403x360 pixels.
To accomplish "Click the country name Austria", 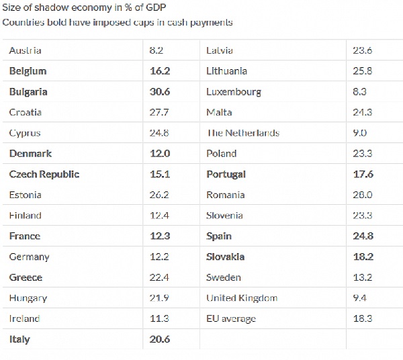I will click(x=25, y=50).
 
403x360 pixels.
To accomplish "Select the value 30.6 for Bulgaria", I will click(x=160, y=92).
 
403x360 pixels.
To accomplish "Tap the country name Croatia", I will click(x=26, y=112).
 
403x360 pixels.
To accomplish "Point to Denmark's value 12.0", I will click(x=160, y=154).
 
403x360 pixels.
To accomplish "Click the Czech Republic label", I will click(x=44, y=174).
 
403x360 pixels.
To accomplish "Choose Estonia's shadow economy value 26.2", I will click(x=160, y=195).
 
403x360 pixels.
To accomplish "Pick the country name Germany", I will click(x=29, y=257).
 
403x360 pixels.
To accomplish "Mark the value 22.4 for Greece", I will click(x=160, y=277).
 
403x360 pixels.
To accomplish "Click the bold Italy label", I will click(x=19, y=339).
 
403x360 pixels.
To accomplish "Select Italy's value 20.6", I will click(x=160, y=339).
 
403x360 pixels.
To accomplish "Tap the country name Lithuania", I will click(x=227, y=71).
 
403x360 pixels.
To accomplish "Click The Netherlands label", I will click(x=242, y=133).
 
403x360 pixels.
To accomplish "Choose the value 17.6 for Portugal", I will click(x=363, y=174).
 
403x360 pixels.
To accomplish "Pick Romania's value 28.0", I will click(x=363, y=195).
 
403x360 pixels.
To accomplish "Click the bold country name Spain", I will click(x=219, y=236).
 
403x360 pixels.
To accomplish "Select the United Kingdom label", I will click(x=242, y=298).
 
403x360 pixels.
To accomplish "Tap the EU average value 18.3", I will click(x=363, y=318).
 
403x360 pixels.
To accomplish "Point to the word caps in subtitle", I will click(x=153, y=22).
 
